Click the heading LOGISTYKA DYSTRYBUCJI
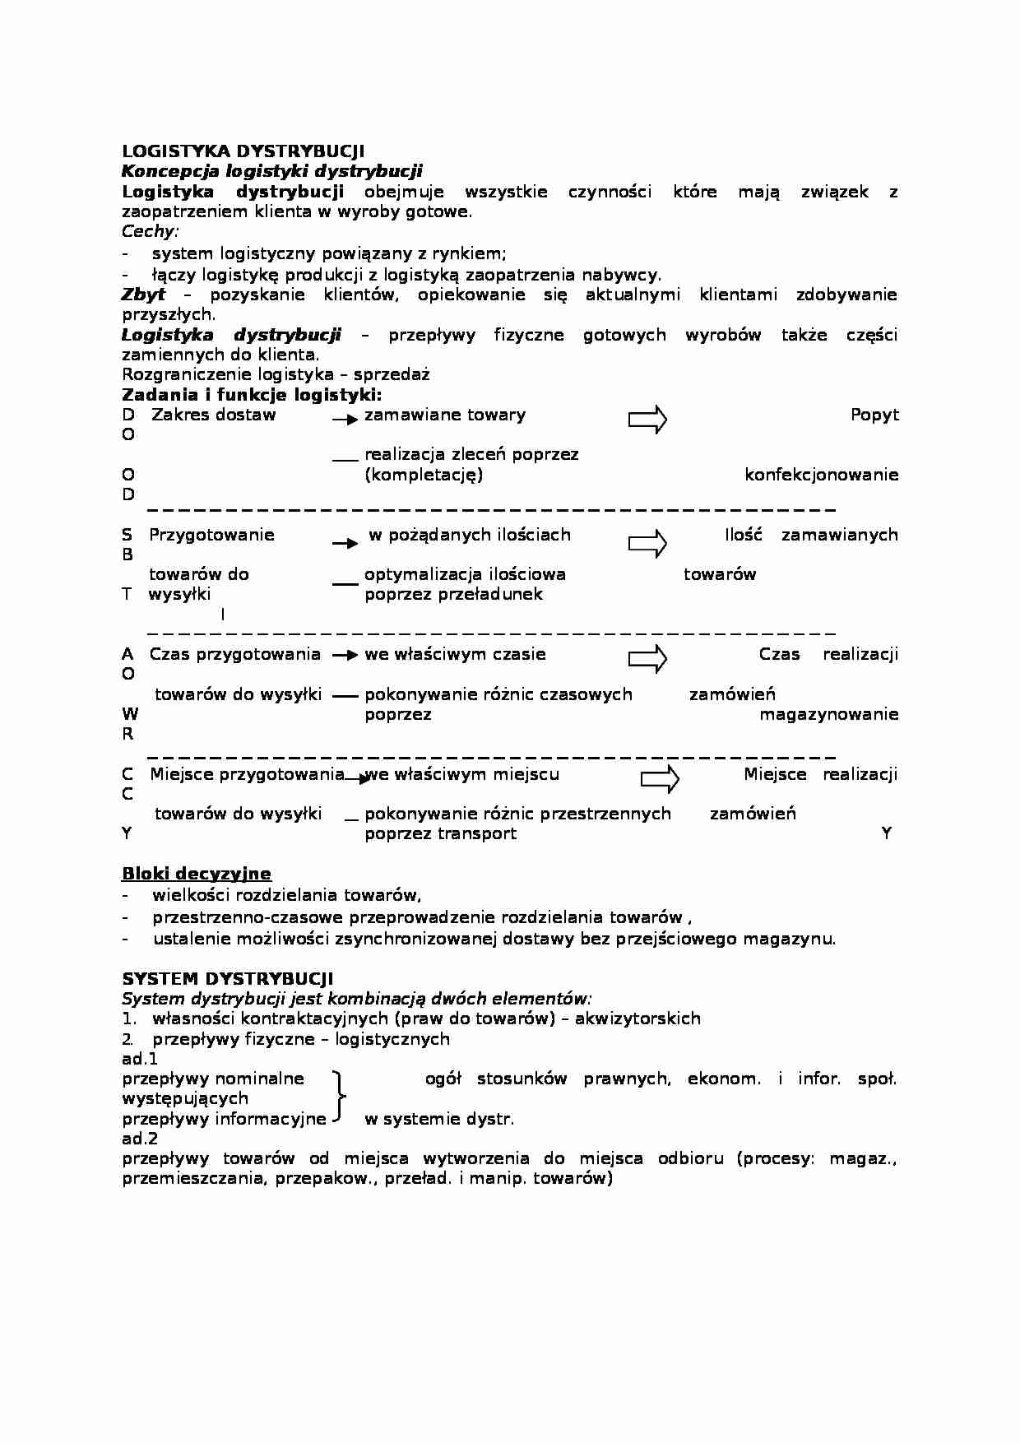point(243,151)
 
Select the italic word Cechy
point(149,231)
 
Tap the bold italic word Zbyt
point(143,295)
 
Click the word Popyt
point(874,415)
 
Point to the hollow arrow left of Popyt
point(647,420)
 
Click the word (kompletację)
point(424,475)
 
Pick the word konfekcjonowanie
point(821,475)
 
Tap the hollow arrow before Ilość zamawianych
point(647,544)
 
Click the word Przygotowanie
point(211,535)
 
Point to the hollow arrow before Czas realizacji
point(647,659)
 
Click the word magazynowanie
point(828,714)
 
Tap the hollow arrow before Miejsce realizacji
point(660,778)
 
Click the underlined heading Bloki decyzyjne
point(197,874)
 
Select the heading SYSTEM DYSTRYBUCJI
point(228,979)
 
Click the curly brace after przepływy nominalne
point(338,1097)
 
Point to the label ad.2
point(140,1139)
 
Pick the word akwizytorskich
point(637,1018)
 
